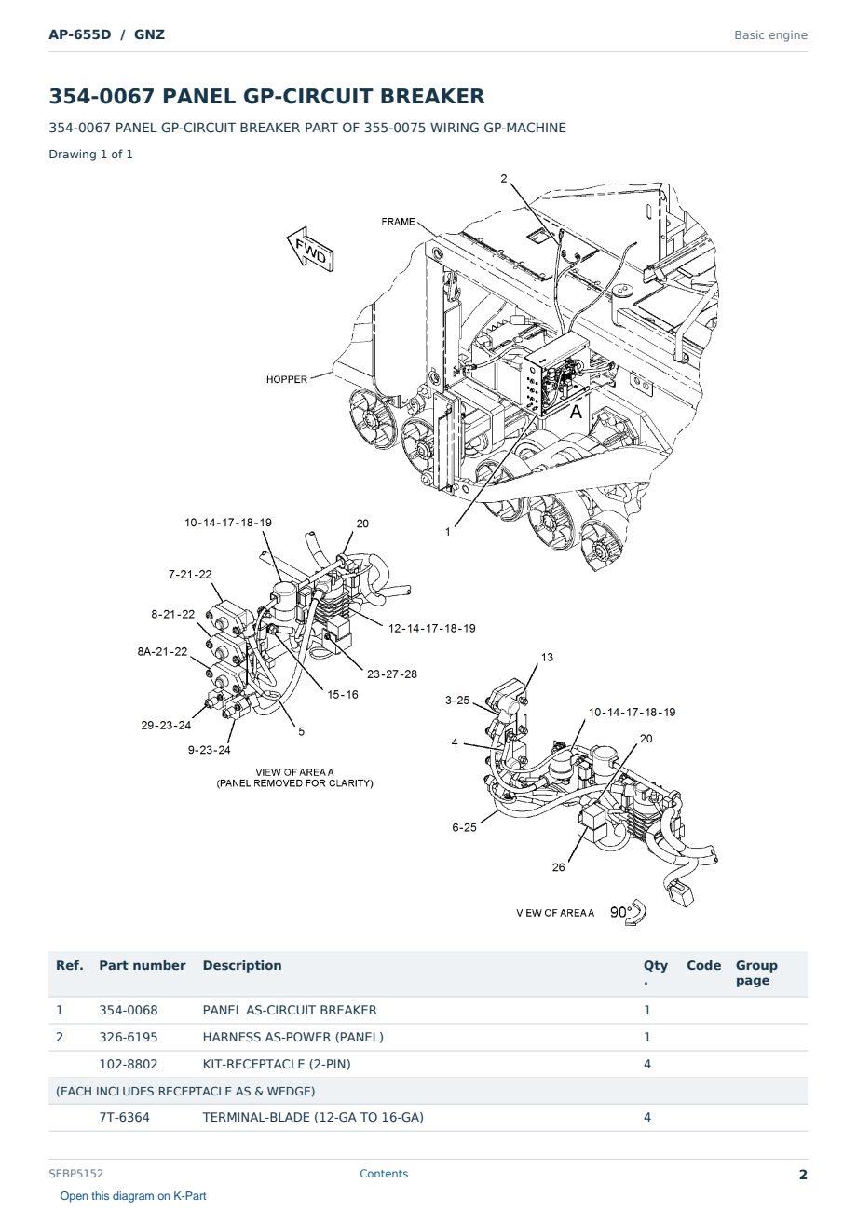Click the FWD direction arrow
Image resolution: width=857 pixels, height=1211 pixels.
point(310,250)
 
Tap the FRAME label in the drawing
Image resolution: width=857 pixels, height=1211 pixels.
point(398,222)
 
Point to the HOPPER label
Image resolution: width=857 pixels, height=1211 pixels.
point(287,379)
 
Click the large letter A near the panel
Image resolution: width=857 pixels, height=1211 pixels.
point(577,412)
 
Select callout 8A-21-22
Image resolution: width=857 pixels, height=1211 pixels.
point(162,651)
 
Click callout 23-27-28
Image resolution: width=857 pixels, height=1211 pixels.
point(392,674)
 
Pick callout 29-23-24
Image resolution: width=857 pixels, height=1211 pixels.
point(166,726)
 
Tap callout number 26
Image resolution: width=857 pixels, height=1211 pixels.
point(559,867)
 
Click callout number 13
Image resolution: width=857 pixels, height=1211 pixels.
point(547,658)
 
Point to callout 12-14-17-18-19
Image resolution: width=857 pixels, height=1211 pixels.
point(432,628)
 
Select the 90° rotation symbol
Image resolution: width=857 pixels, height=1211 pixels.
point(628,913)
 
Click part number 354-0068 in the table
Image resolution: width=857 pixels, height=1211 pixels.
point(129,1010)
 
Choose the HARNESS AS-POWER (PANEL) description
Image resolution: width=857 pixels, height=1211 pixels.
point(293,1037)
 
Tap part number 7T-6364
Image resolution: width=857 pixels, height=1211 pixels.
point(125,1117)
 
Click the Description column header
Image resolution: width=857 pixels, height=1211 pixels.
point(242,966)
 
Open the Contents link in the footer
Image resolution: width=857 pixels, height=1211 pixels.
point(384,1173)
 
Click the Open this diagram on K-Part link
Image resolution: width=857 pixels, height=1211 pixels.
point(133,1196)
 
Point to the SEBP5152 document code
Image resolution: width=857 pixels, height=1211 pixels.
point(75,1174)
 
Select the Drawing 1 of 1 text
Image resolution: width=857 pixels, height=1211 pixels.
point(91,154)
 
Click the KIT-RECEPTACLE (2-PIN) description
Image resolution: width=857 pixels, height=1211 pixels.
point(277,1064)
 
